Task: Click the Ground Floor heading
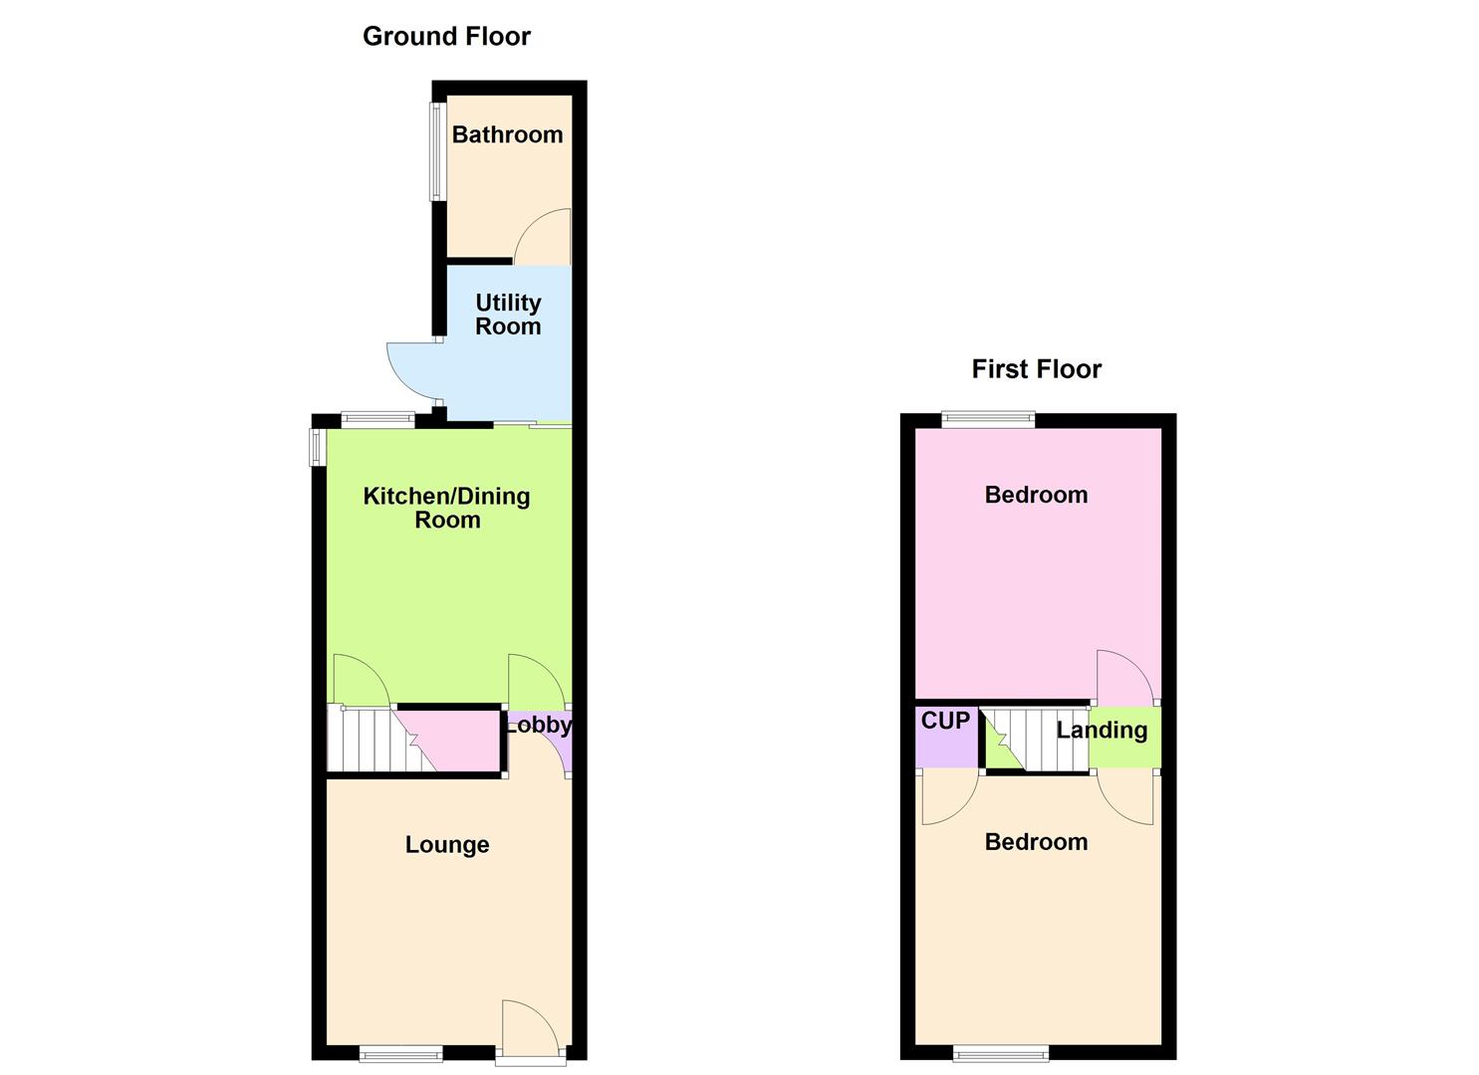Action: tap(446, 37)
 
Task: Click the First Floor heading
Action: tap(1036, 369)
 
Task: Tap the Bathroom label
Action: tap(507, 134)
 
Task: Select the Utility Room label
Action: tap(508, 315)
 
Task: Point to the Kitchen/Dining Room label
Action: tap(446, 508)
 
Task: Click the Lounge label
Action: tap(447, 845)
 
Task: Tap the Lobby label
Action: tap(539, 726)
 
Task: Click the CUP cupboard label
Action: tap(945, 721)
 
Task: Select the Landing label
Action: tap(1102, 731)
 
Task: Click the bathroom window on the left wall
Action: tap(437, 152)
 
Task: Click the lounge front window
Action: tap(400, 1053)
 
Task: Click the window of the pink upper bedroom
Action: tap(989, 420)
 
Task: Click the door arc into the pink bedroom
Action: tap(1121, 677)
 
